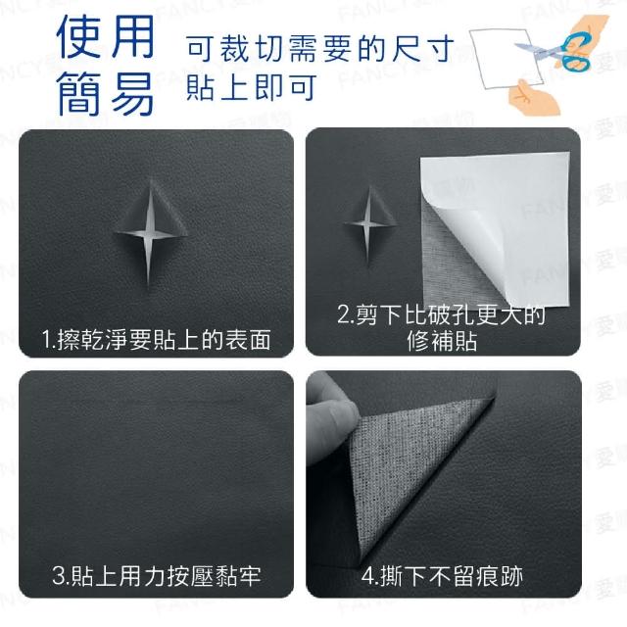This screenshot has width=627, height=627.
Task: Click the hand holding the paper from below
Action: [x=533, y=97]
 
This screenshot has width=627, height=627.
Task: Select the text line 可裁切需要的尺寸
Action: [x=320, y=49]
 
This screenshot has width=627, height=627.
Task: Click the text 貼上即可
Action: [x=252, y=87]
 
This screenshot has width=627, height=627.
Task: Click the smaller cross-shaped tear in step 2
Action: [x=368, y=224]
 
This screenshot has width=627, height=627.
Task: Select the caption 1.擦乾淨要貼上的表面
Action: [x=157, y=340]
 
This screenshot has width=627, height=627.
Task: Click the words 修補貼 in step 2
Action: [x=442, y=341]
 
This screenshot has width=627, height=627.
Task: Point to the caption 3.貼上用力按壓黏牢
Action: [x=157, y=575]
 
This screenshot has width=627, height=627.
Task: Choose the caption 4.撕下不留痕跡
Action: [x=442, y=576]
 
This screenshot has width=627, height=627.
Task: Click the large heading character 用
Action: [x=133, y=36]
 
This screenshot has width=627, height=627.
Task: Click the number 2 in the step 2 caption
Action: [x=343, y=314]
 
